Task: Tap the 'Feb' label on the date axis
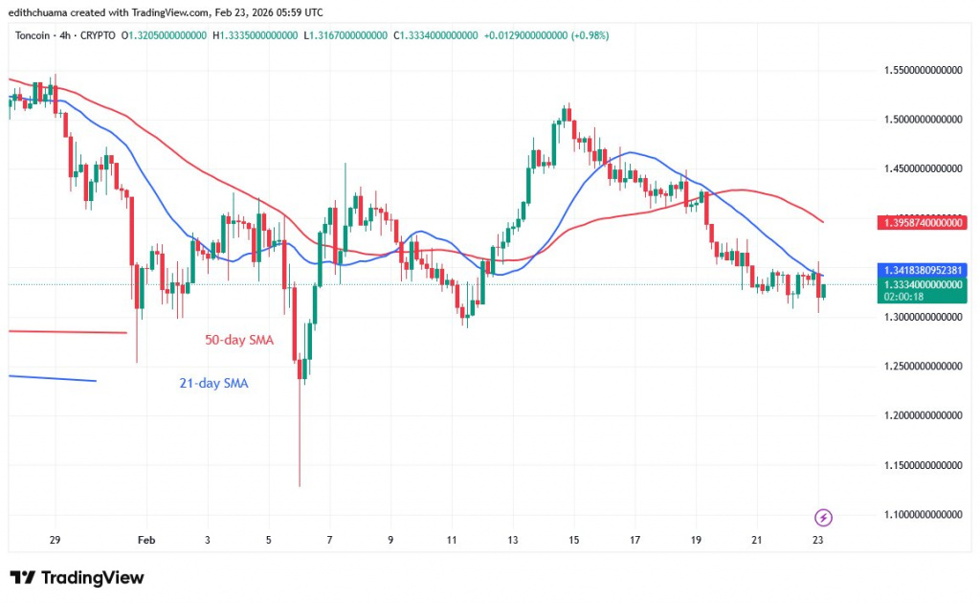coord(146,541)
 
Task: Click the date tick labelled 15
coord(573,541)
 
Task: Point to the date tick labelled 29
coord(55,541)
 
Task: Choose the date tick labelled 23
coord(818,541)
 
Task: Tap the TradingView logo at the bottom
coord(77,578)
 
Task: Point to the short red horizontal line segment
coord(67,332)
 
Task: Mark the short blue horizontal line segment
coord(53,378)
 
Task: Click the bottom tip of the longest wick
coord(300,486)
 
